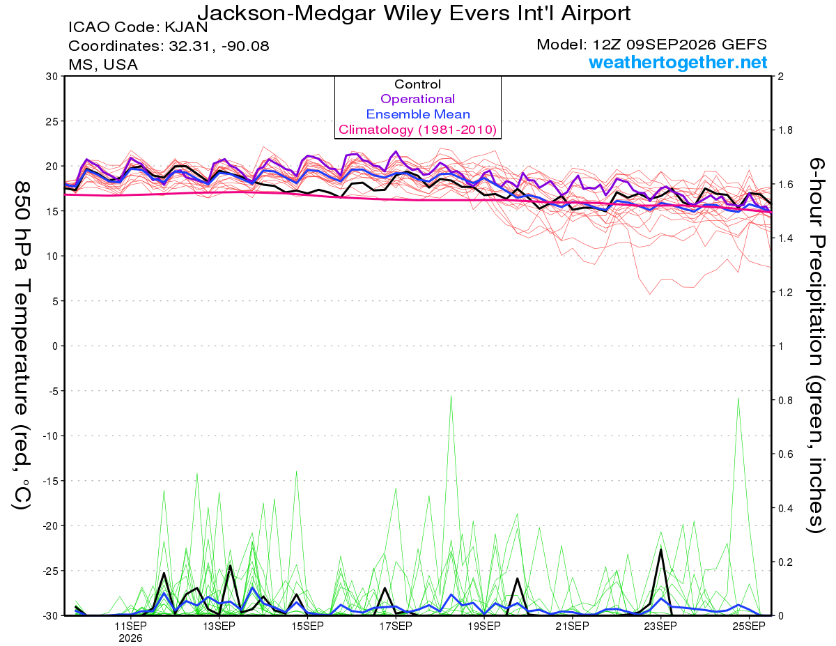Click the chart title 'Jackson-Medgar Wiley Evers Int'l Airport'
click(414, 13)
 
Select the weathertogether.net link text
click(678, 62)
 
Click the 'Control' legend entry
click(417, 84)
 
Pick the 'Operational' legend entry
click(417, 99)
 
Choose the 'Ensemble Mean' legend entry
click(418, 114)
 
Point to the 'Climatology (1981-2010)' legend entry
click(417, 130)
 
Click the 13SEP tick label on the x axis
click(219, 626)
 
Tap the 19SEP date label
click(484, 626)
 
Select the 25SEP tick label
click(749, 626)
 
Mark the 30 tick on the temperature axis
click(52, 77)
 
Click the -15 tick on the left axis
click(49, 481)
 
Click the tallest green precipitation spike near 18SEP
click(451, 397)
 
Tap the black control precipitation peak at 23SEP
click(661, 549)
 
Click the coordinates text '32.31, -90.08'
click(219, 46)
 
